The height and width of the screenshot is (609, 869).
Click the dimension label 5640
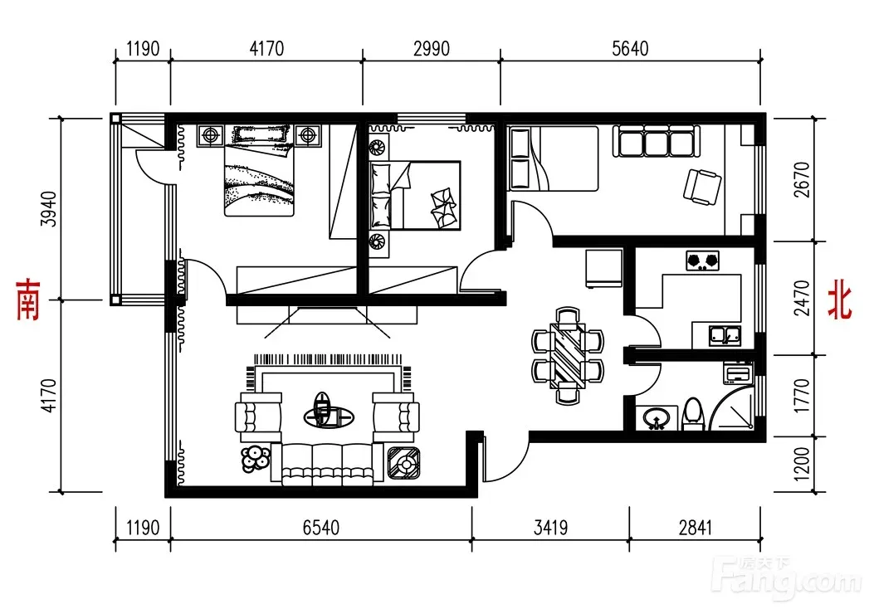(x=630, y=49)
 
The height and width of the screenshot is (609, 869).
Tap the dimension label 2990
(x=431, y=49)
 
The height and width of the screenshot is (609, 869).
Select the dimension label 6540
(x=321, y=528)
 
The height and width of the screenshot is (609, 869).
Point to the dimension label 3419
(x=550, y=528)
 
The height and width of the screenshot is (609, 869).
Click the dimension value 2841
(x=695, y=528)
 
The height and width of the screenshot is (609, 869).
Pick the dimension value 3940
(x=49, y=209)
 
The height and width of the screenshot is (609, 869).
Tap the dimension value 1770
(x=802, y=396)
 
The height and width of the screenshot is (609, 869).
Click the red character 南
(x=28, y=300)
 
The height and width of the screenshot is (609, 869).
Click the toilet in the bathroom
(x=693, y=414)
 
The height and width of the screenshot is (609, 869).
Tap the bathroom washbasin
(x=657, y=418)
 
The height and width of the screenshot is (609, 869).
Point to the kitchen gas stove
(x=702, y=261)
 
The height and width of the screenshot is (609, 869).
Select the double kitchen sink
(x=725, y=334)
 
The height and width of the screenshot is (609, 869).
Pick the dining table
(x=568, y=354)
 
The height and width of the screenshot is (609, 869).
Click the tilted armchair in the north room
(x=702, y=186)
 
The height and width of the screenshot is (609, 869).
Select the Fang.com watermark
(x=787, y=577)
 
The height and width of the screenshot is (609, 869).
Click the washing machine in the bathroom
(x=738, y=373)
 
